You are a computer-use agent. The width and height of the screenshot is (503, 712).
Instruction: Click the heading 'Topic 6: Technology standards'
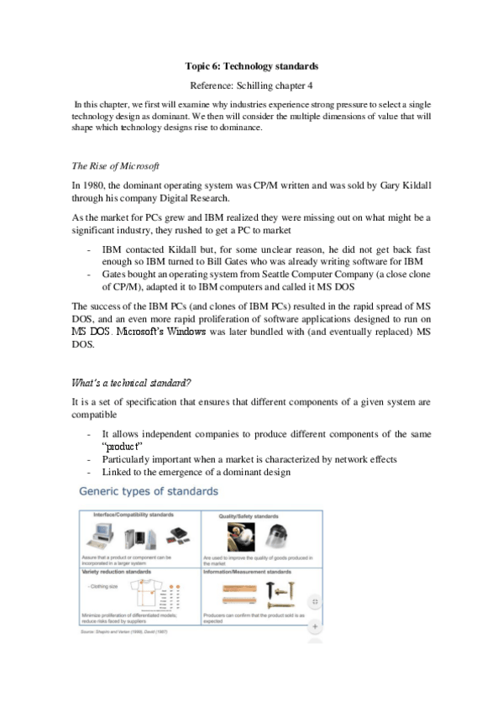coord(251,65)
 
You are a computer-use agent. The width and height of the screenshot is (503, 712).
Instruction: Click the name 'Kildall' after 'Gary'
coord(408,184)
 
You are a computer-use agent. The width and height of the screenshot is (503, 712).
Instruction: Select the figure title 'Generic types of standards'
coord(149,490)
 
